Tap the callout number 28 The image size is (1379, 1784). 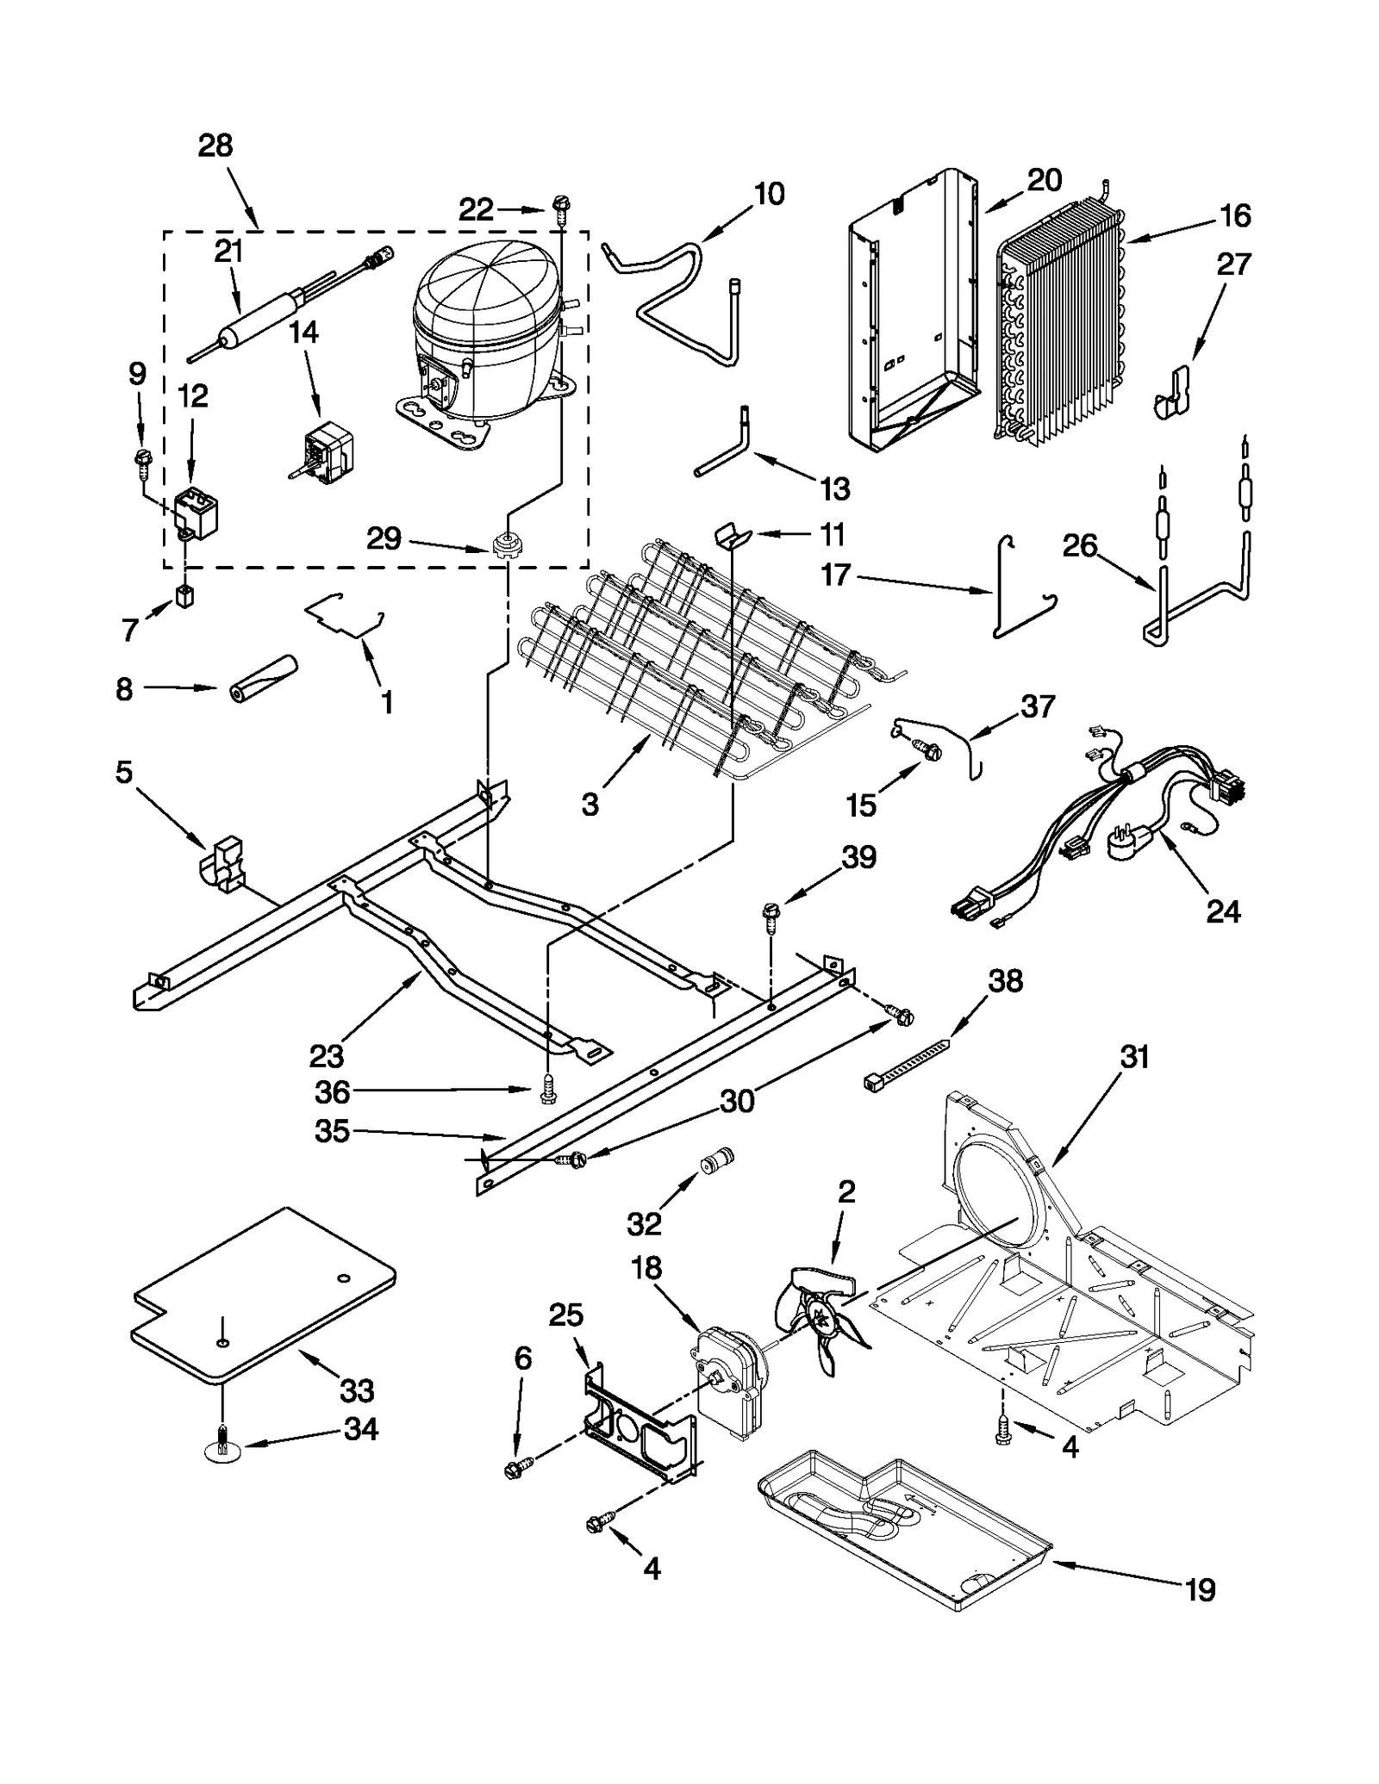tap(215, 146)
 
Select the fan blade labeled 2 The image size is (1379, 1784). tap(820, 1319)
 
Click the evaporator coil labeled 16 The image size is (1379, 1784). tap(1064, 327)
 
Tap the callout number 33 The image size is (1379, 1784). tap(356, 1390)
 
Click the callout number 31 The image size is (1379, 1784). tap(1134, 1056)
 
